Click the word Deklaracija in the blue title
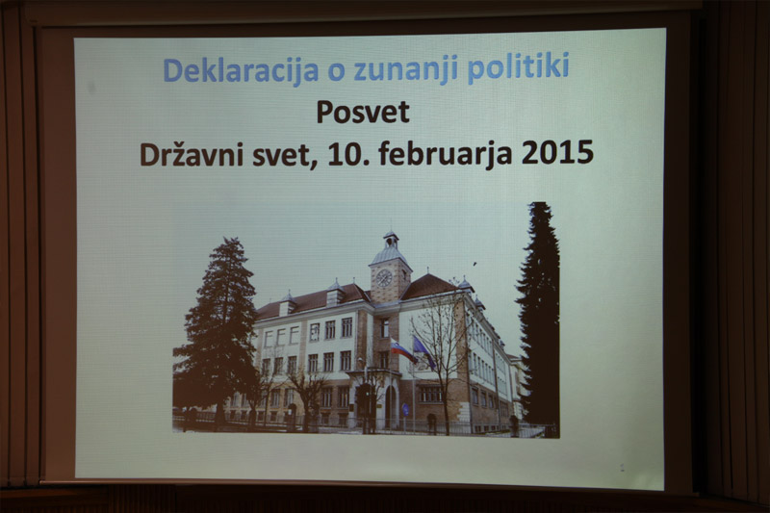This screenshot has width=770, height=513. [242, 71]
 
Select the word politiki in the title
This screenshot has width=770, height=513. [518, 67]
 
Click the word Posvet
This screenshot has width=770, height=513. [363, 112]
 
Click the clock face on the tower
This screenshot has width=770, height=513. [384, 278]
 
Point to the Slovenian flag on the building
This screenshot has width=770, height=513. [402, 350]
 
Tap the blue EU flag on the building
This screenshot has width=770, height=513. [423, 351]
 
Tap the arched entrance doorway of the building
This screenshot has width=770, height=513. [390, 405]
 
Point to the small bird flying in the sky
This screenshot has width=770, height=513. [475, 264]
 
